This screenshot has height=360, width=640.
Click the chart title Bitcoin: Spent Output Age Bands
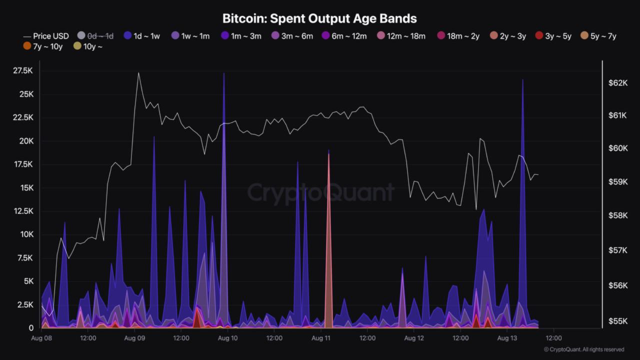tap(319, 18)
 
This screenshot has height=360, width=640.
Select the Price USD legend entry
tap(46, 36)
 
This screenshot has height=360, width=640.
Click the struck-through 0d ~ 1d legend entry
tap(95, 36)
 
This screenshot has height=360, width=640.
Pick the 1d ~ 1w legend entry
tap(141, 36)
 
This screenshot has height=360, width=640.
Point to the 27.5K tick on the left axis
tap(23, 71)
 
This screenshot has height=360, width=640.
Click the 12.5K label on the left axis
tap(23, 211)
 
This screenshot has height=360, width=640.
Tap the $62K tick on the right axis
tap(617, 82)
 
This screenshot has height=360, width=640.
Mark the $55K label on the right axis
tap(617, 321)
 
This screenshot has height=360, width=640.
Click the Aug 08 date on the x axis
tap(41, 338)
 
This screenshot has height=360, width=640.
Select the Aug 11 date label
tap(320, 338)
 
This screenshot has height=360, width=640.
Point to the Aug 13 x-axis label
tap(507, 338)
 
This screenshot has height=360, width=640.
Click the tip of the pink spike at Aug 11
tap(328, 154)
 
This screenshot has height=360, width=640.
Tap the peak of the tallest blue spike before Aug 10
tap(224, 73)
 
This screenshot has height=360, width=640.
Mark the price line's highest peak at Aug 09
tap(138, 73)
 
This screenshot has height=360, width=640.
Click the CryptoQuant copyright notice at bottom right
tap(584, 349)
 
